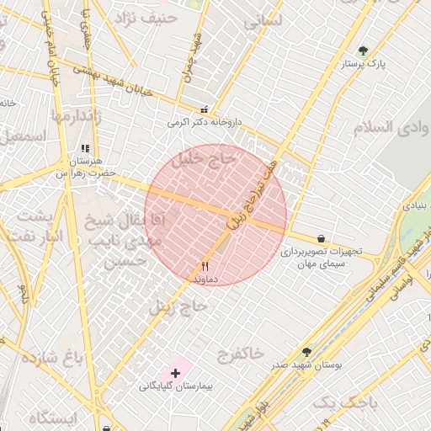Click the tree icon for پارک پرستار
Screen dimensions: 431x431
pyautogui.click(x=363, y=51)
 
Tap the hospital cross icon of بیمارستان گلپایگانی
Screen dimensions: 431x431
pyautogui.click(x=175, y=372)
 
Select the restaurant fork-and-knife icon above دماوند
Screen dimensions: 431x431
pyautogui.click(x=205, y=264)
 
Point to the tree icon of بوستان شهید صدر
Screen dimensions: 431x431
pyautogui.click(x=305, y=352)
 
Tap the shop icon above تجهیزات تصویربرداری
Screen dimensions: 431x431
pyautogui.click(x=322, y=238)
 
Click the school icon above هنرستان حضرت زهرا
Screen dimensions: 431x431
pyautogui.click(x=84, y=149)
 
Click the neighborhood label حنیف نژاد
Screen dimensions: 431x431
pyautogui.click(x=149, y=16)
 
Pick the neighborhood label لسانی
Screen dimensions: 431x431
pyautogui.click(x=262, y=23)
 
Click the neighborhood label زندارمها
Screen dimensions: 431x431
pyautogui.click(x=77, y=116)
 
